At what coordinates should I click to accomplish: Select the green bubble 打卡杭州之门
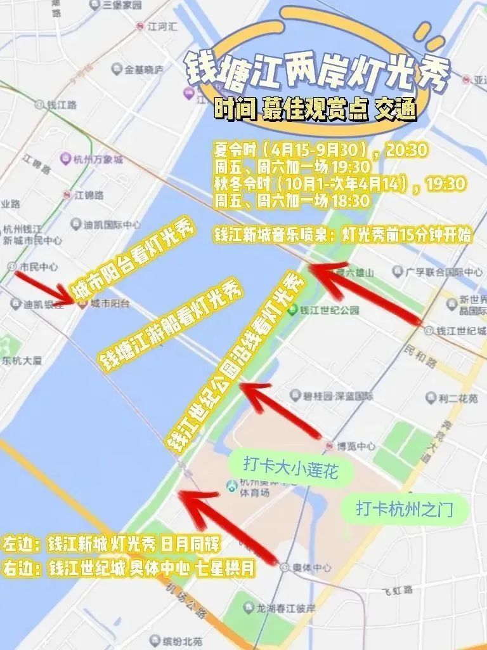click(x=404, y=508)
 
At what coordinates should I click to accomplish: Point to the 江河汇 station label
click(x=159, y=27)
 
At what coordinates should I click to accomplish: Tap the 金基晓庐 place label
click(x=143, y=69)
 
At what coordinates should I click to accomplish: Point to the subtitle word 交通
click(x=396, y=110)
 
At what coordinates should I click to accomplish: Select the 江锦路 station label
click(x=88, y=193)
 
